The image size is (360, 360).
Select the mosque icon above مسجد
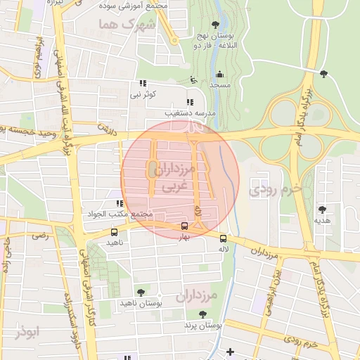point(220,74)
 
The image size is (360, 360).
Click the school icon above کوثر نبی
point(143,83)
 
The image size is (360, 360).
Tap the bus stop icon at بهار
point(184,226)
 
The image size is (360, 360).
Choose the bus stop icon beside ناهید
point(115,232)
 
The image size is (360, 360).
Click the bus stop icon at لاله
point(224,238)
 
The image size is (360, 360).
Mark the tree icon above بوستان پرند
point(203,314)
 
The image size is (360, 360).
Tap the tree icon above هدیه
point(323,210)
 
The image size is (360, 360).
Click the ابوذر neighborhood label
point(27,330)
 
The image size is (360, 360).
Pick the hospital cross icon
point(230,352)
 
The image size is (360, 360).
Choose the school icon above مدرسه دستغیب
point(189,102)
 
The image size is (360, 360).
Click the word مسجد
point(220,85)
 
